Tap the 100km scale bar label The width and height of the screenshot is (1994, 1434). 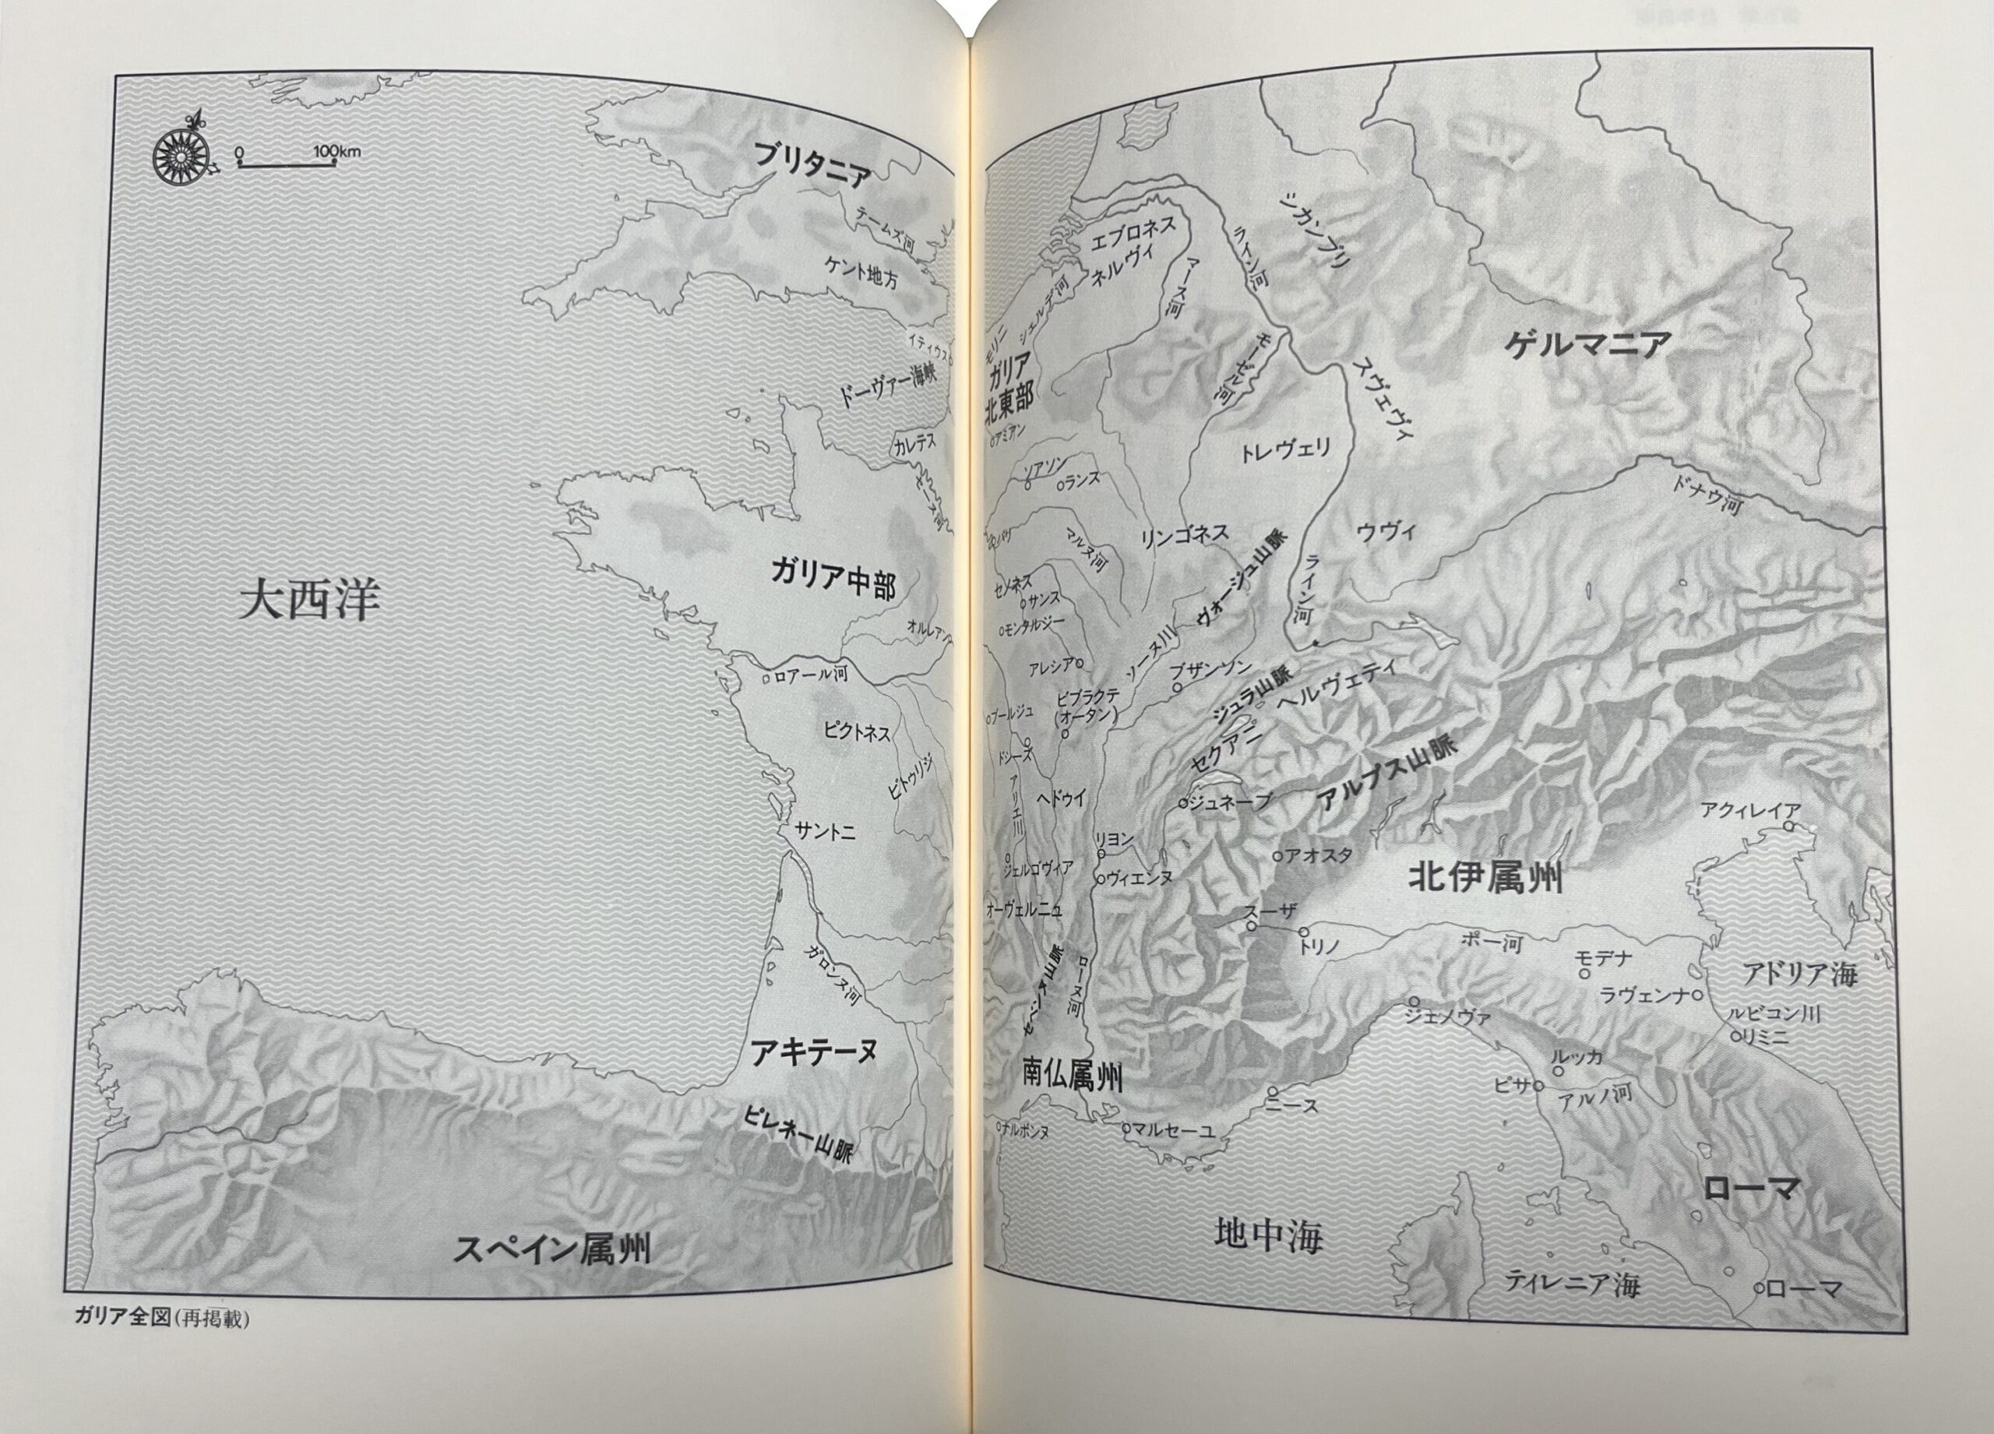coord(335,151)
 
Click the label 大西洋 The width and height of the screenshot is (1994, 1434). coord(309,603)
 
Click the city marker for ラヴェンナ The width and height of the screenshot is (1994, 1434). coord(1696,995)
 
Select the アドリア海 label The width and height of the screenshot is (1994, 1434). coord(1798,974)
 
